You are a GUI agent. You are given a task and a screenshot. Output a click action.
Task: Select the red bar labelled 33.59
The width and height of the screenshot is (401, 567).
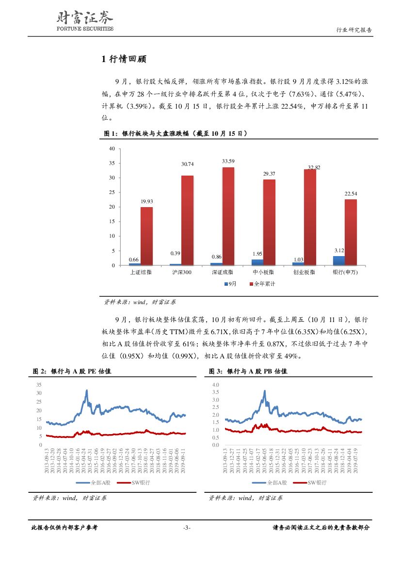[x=228, y=216]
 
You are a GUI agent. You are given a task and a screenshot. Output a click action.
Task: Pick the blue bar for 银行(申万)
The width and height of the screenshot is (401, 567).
[x=339, y=260]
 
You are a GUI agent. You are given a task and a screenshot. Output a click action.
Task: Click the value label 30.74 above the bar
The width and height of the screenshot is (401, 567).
[x=187, y=164]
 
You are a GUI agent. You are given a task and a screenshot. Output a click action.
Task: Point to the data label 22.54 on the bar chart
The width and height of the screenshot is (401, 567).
[x=351, y=194]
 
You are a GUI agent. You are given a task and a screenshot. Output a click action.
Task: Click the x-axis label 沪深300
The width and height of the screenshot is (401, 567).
[x=182, y=273]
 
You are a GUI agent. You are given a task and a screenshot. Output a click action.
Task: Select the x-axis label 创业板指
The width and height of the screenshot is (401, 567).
[x=304, y=273]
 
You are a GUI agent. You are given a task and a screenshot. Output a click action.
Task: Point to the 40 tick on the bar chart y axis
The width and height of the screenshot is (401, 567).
[x=112, y=148]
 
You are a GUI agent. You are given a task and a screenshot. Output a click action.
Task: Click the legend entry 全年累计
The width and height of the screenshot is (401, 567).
[x=264, y=284]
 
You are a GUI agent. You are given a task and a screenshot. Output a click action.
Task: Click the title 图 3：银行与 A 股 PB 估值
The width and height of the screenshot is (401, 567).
[x=248, y=371]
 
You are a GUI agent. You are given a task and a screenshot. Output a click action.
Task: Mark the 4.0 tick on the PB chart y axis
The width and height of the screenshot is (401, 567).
[x=216, y=384]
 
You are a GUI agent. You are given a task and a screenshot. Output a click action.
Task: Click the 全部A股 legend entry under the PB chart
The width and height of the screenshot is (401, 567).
[x=275, y=483]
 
